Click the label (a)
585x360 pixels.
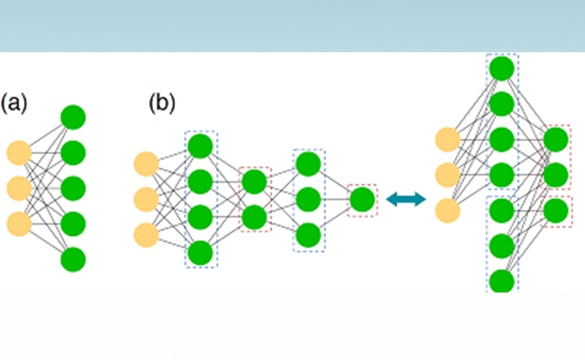pyautogui.click(x=14, y=103)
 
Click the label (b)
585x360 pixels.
pyautogui.click(x=161, y=103)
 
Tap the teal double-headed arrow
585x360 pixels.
pyautogui.click(x=404, y=200)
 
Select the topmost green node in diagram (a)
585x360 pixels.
pyautogui.click(x=73, y=117)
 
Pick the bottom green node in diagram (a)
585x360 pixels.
pyautogui.click(x=73, y=259)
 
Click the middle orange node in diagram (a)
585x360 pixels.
pyautogui.click(x=19, y=188)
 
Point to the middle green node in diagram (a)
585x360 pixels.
pyautogui.click(x=73, y=188)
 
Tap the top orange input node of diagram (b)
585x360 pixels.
pyautogui.click(x=146, y=165)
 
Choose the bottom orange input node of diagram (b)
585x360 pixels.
pyautogui.click(x=146, y=235)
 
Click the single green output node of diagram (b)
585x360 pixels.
pyautogui.click(x=362, y=199)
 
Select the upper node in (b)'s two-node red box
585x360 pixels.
pyautogui.click(x=254, y=182)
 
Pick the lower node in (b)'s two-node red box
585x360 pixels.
pyautogui.click(x=254, y=217)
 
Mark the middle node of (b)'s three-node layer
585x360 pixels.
pyautogui.click(x=308, y=199)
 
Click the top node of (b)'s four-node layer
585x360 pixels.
pyautogui.click(x=200, y=146)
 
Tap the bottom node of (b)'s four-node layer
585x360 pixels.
pyautogui.click(x=200, y=252)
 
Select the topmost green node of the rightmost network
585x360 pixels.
pyautogui.click(x=501, y=67)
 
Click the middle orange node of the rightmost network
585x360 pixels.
pyautogui.click(x=447, y=175)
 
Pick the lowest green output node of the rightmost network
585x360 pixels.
pyautogui.click(x=556, y=210)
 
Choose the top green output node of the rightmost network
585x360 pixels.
pyautogui.click(x=556, y=139)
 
